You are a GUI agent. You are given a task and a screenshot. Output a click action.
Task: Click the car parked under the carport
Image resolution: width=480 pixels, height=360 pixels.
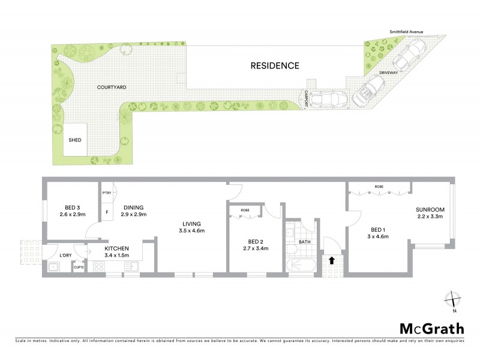[x=327, y=98]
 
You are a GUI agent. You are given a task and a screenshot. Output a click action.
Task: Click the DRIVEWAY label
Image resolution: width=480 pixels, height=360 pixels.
[x=389, y=73]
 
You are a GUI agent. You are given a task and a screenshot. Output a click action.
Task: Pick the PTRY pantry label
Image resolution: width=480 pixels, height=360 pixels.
[x=107, y=193]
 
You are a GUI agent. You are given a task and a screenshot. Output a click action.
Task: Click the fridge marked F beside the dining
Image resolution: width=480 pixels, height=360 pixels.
[x=107, y=212]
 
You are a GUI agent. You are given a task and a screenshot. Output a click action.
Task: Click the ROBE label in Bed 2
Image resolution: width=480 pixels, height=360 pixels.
[x=245, y=211]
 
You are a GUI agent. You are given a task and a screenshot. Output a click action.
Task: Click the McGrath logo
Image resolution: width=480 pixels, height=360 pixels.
[x=431, y=329]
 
